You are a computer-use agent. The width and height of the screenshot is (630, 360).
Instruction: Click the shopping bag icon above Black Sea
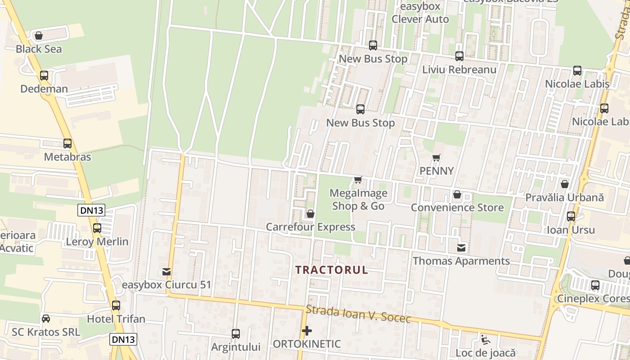(39, 36)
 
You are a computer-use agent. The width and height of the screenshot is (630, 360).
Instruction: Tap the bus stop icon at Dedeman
(44, 76)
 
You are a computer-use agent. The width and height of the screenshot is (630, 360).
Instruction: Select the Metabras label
(67, 157)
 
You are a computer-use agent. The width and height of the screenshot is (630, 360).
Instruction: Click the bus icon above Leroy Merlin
(97, 228)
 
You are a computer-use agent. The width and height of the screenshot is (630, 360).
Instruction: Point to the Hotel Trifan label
(116, 319)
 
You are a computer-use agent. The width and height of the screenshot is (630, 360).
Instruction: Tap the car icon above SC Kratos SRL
(46, 319)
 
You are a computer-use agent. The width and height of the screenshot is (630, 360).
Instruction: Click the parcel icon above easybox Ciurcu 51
(166, 272)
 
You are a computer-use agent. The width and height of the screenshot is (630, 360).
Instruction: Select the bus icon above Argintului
(236, 334)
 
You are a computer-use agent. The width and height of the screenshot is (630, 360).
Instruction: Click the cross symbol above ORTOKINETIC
(307, 331)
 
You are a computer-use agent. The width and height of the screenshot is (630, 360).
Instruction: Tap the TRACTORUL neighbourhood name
(332, 270)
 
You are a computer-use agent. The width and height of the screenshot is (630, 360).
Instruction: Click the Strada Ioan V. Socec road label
(358, 314)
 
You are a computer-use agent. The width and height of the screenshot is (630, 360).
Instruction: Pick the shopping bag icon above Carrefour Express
(310, 214)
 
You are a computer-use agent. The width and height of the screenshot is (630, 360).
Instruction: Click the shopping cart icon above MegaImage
(358, 180)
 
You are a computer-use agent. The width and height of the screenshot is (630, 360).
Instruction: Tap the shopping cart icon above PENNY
(436, 158)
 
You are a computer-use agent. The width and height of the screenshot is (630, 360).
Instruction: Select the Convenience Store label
(457, 207)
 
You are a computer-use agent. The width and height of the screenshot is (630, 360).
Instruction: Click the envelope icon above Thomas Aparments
(461, 248)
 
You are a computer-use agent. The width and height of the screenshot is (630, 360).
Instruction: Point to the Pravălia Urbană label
(565, 198)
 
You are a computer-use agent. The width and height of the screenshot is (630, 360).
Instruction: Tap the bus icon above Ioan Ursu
(571, 216)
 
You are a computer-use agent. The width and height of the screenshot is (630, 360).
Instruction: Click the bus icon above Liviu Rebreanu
(459, 56)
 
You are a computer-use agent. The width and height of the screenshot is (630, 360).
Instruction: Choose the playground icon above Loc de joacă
(485, 339)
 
